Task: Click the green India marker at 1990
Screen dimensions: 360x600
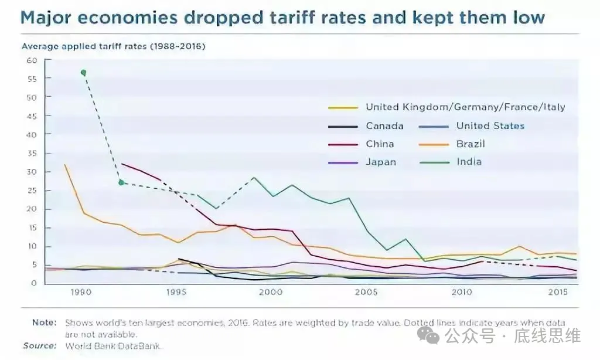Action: pyautogui.click(x=83, y=73)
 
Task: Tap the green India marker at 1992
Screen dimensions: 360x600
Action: pyautogui.click(x=121, y=182)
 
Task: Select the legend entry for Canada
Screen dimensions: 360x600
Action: pyautogui.click(x=384, y=125)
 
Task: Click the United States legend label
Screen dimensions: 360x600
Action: pyautogui.click(x=490, y=125)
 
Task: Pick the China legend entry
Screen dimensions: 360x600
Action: pyautogui.click(x=380, y=144)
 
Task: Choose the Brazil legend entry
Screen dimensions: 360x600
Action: pyautogui.click(x=471, y=144)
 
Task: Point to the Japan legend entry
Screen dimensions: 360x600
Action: pyautogui.click(x=381, y=162)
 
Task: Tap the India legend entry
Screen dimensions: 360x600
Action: pyautogui.click(x=469, y=162)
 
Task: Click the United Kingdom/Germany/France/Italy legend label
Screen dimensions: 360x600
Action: pyautogui.click(x=465, y=107)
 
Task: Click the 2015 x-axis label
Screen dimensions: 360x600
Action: pyautogui.click(x=557, y=291)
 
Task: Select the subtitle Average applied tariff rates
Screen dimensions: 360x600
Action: pyautogui.click(x=113, y=46)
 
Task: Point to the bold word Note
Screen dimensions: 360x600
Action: pyautogui.click(x=45, y=322)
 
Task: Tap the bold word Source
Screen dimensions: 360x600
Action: pyautogui.click(x=40, y=345)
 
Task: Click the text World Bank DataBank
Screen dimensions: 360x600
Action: pyautogui.click(x=112, y=345)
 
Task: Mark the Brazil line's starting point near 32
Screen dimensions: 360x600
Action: pyautogui.click(x=64, y=165)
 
